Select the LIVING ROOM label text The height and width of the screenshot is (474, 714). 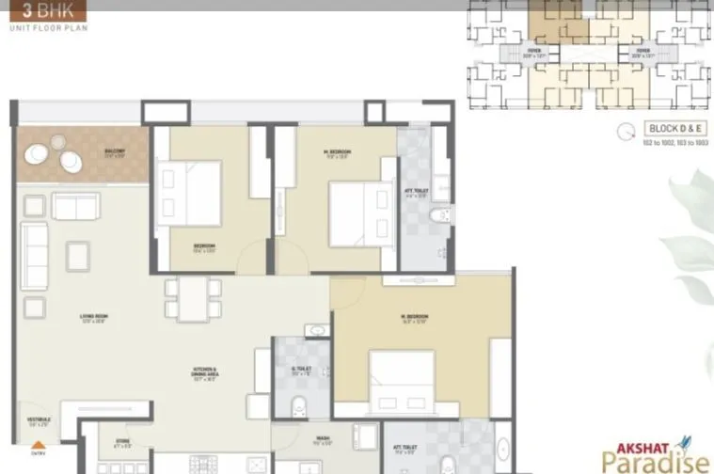click(91, 319)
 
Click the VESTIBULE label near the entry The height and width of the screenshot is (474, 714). click(39, 421)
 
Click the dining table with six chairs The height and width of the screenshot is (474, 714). click(193, 298)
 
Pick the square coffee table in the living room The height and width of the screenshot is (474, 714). click(77, 255)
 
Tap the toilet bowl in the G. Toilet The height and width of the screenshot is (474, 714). click(299, 408)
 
